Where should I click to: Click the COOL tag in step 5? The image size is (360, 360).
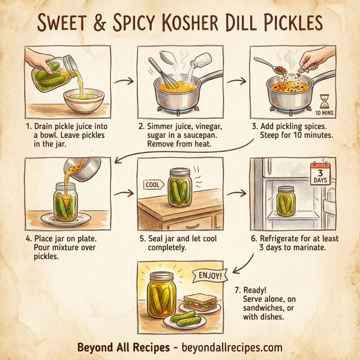152,185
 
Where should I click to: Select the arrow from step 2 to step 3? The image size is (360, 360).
240,80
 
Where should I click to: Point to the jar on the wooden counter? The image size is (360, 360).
181,187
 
